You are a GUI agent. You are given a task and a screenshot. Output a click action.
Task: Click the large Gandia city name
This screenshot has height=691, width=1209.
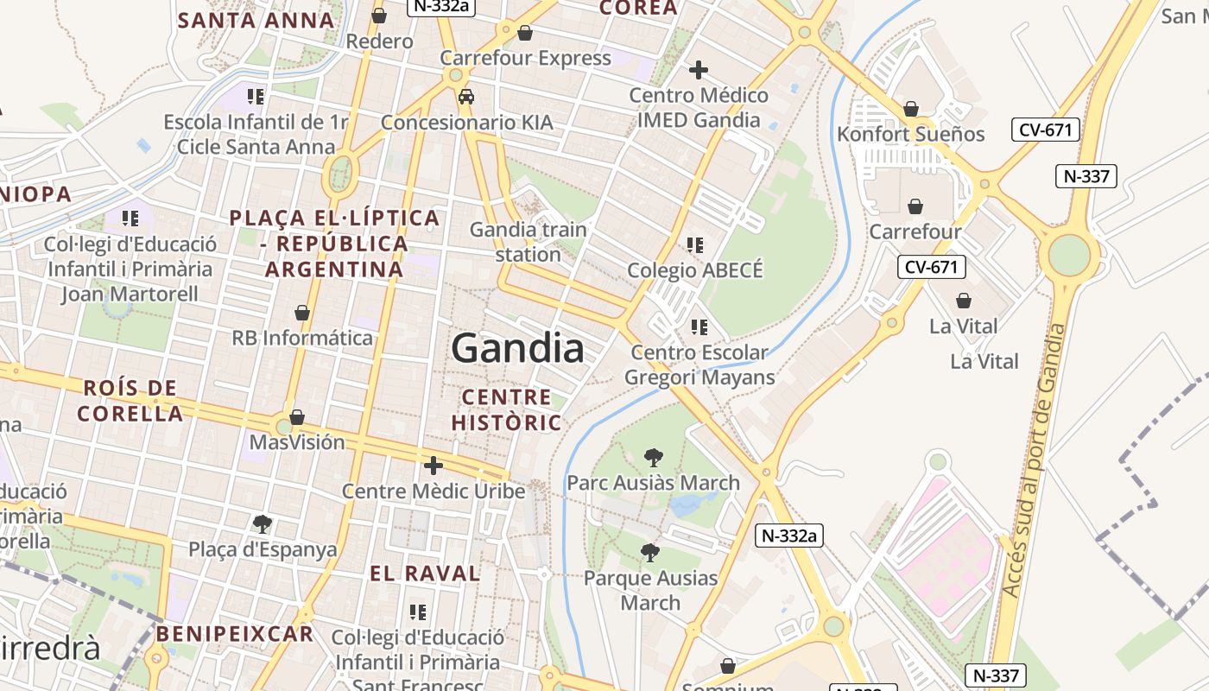tap(517, 349)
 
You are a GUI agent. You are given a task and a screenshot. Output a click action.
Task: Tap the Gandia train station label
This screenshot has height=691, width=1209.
tap(528, 242)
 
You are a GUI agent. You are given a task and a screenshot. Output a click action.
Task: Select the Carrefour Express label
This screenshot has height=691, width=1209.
tap(525, 58)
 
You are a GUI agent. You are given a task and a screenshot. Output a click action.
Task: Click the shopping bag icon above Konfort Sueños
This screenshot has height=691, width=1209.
tap(910, 109)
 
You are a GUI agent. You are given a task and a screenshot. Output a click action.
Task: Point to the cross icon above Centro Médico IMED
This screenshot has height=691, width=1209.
tap(699, 70)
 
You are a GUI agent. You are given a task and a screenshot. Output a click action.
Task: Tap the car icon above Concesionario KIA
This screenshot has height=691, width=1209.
tap(466, 97)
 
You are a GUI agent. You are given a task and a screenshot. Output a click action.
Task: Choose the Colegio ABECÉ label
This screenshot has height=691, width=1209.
tap(695, 270)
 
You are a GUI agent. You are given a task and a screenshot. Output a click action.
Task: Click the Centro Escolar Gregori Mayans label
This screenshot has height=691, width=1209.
tap(699, 365)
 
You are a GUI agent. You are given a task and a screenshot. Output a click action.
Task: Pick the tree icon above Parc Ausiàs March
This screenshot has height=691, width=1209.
tap(654, 458)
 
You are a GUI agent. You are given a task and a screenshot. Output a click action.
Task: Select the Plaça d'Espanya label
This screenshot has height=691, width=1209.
tap(263, 549)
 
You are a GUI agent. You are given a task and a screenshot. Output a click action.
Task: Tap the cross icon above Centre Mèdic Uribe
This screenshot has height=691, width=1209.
tap(434, 466)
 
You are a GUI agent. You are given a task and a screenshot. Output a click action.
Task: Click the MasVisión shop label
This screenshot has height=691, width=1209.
tap(297, 442)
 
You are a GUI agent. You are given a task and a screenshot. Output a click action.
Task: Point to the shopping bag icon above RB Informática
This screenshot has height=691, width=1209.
tap(302, 313)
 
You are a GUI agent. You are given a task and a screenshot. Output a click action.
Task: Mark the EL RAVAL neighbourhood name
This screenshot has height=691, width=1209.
tap(425, 574)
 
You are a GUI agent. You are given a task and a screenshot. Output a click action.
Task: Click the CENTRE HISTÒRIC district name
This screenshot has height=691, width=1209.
tap(506, 409)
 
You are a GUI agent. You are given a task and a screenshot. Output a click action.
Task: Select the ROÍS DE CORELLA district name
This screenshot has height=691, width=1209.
tap(130, 401)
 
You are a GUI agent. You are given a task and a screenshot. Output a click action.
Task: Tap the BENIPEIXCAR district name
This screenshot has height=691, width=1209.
tap(235, 634)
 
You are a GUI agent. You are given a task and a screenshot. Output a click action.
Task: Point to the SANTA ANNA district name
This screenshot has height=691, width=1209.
tap(256, 20)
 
